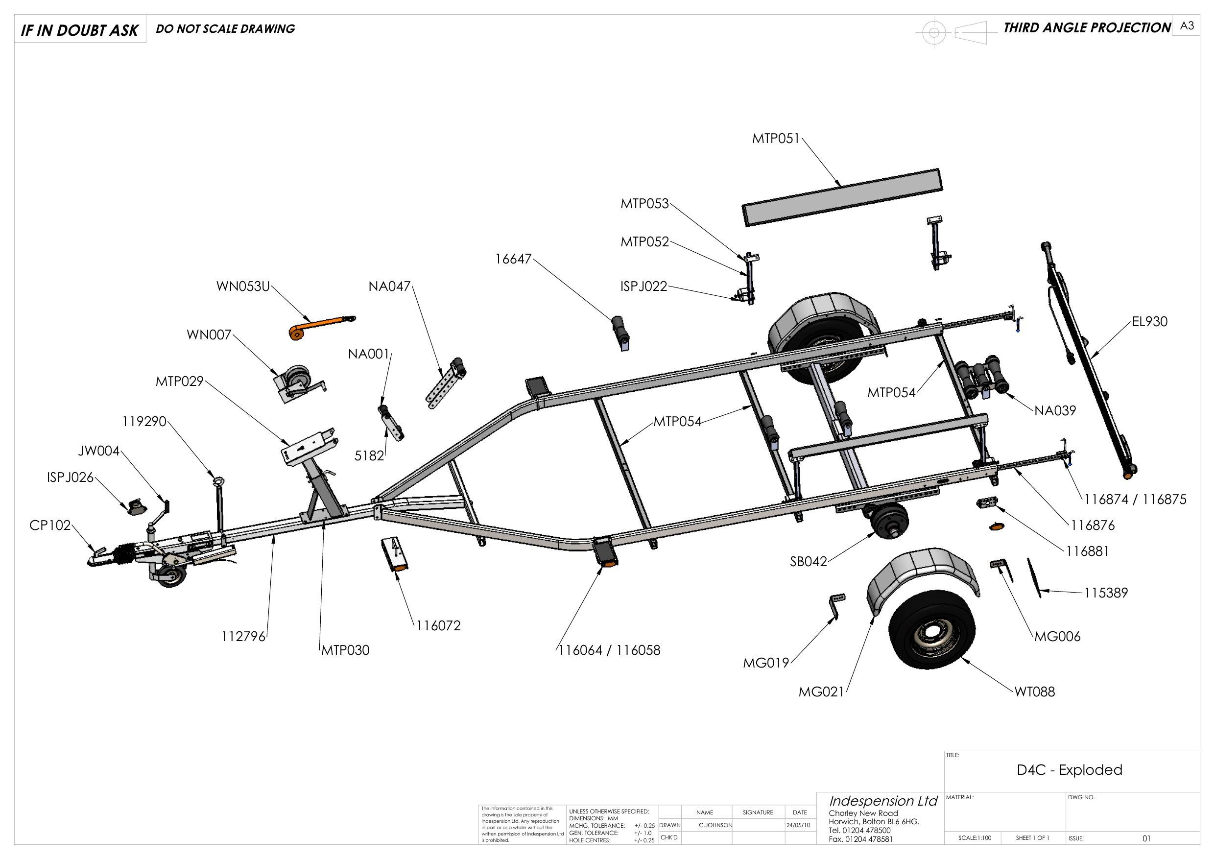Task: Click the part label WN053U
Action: (x=243, y=286)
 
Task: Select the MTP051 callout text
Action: (x=776, y=139)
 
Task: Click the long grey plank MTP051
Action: (x=842, y=197)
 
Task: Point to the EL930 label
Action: (x=1149, y=321)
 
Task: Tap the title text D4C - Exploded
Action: (x=1069, y=769)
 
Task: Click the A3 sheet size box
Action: (x=1187, y=25)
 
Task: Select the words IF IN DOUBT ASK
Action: (x=79, y=30)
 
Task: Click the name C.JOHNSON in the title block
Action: (x=715, y=825)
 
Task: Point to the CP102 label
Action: (x=50, y=525)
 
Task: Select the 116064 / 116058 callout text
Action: (x=609, y=650)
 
